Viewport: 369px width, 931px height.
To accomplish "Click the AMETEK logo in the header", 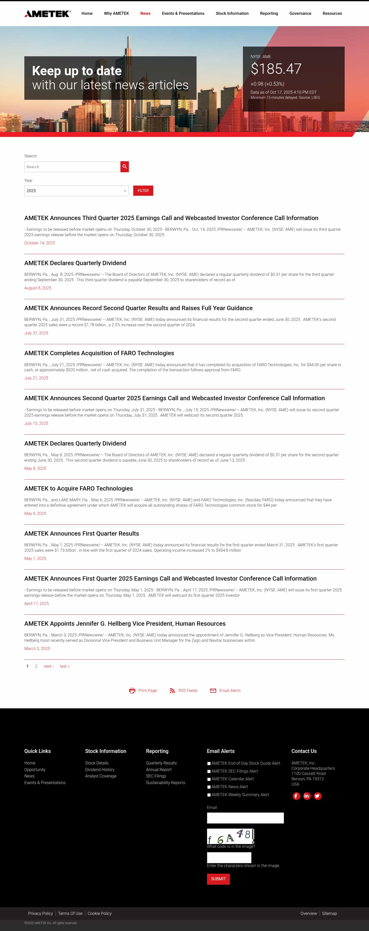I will click(47, 14).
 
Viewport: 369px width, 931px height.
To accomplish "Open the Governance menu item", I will click(300, 13).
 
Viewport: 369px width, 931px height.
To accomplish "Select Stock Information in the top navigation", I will click(232, 13).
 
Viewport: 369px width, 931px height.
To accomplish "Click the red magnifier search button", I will click(125, 167).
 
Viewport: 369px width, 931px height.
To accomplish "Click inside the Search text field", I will click(72, 167).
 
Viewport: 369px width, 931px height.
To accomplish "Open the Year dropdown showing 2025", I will click(76, 191).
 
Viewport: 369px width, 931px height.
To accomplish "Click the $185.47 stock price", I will click(276, 69).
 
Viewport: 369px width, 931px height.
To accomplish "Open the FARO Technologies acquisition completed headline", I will click(99, 353).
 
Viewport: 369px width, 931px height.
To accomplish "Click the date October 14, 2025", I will click(39, 243).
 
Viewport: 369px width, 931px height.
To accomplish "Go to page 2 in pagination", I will click(36, 666).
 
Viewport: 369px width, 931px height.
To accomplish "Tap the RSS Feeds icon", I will click(172, 691).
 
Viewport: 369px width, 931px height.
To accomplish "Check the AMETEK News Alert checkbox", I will click(209, 787).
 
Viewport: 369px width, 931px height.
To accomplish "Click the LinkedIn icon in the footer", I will click(307, 796).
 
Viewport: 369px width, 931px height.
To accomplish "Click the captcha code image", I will click(230, 836).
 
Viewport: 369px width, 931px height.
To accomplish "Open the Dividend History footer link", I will click(100, 770).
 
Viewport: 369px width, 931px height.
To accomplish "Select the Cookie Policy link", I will click(99, 913).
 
